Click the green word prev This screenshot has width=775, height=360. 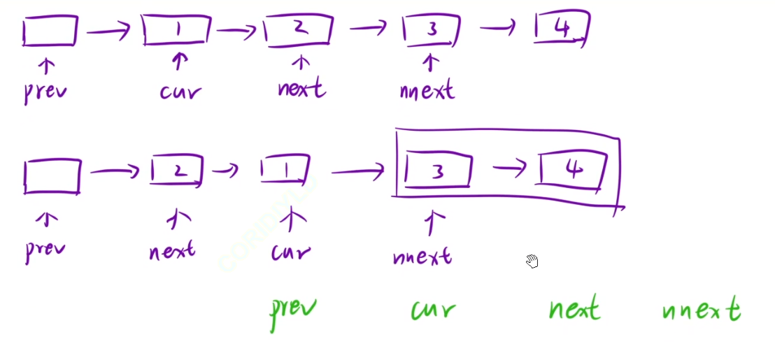click(x=294, y=312)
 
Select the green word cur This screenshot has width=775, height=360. click(x=433, y=310)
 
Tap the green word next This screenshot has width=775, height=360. click(x=574, y=309)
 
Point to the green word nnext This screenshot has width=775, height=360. click(x=701, y=310)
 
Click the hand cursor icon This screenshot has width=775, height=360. click(x=532, y=261)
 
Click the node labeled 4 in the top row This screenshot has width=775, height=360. click(x=562, y=29)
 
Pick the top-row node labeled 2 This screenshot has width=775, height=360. click(x=299, y=30)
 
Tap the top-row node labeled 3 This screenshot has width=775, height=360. click(x=432, y=30)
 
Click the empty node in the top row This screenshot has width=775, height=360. click(x=50, y=31)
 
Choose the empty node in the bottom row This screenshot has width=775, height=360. click(x=52, y=175)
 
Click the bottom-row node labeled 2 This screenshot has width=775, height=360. click(x=177, y=171)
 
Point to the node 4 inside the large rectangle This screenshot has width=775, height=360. click(x=573, y=170)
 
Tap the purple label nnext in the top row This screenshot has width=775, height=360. click(x=427, y=91)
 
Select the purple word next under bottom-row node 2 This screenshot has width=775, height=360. click(x=172, y=250)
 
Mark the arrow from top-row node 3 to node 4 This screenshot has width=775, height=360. click(x=497, y=29)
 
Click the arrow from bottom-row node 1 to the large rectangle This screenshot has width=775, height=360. click(x=357, y=169)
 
